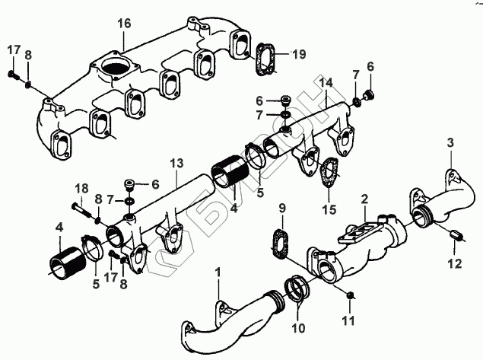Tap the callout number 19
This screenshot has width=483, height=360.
[300, 54]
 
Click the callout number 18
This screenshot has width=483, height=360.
[81, 187]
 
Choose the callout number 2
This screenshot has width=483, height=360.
[364, 199]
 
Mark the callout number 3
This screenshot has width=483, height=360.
[450, 144]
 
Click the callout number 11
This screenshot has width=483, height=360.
[351, 320]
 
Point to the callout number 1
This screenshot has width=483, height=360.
[218, 271]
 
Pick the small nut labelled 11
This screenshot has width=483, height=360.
[351, 295]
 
